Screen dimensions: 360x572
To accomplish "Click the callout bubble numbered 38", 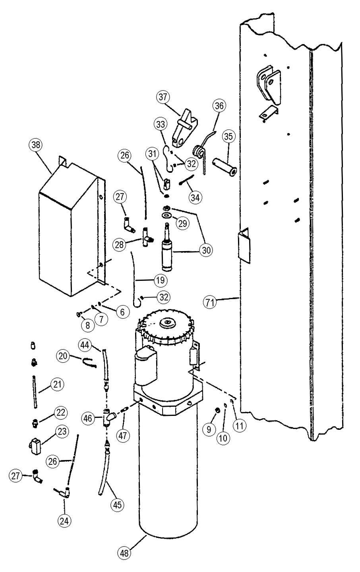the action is (x=35, y=145).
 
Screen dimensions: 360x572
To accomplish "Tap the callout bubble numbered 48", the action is (x=124, y=553).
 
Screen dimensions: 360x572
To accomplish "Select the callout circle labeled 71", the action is (x=210, y=303).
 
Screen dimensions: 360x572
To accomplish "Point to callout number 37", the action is (x=163, y=97).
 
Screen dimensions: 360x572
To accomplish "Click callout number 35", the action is (x=228, y=137).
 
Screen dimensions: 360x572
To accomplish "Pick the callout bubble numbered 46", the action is (x=88, y=419).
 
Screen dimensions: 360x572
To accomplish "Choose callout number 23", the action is (x=62, y=431).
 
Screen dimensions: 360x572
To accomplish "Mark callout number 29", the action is (x=183, y=223).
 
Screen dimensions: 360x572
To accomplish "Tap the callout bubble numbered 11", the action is (x=239, y=426).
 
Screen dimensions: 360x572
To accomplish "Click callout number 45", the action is (x=117, y=504).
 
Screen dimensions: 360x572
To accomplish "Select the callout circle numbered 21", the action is (x=57, y=384).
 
